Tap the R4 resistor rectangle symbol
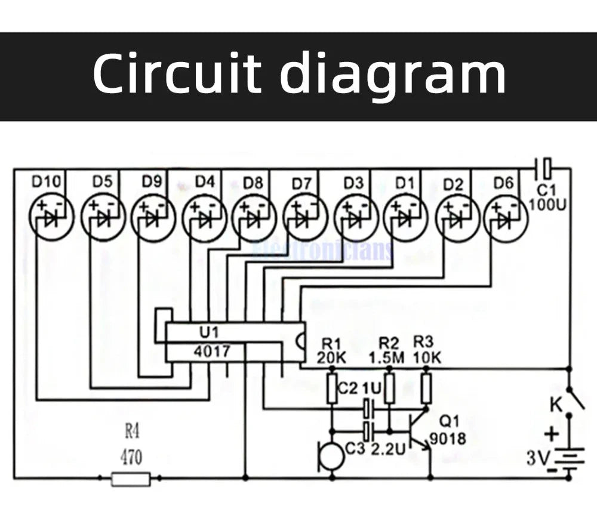tap(131, 477)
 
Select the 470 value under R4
tap(131, 458)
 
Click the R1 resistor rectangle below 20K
tap(333, 388)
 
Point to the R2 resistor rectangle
tap(389, 388)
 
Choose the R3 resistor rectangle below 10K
tap(426, 388)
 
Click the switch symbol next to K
tap(575, 396)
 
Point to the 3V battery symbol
tap(570, 460)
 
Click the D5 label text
tap(102, 181)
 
